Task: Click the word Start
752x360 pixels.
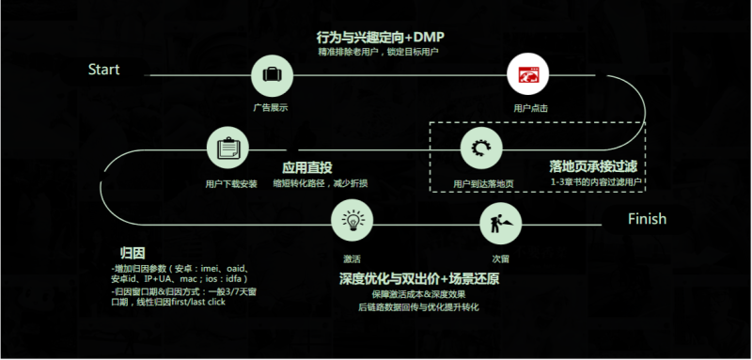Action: (103, 70)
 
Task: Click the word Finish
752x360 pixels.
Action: (647, 219)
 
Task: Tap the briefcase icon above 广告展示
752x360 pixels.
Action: (270, 74)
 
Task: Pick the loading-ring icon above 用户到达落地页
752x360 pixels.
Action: (482, 148)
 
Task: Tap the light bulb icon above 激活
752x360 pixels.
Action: (352, 222)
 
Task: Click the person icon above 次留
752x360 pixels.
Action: (498, 222)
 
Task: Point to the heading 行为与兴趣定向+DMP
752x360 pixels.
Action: (380, 37)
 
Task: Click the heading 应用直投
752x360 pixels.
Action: (308, 166)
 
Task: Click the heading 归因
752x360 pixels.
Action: (132, 254)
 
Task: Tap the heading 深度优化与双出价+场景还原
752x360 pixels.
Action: (418, 280)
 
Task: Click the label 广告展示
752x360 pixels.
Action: (270, 108)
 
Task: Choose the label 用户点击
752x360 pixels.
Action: (530, 108)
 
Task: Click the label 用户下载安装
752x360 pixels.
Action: (230, 183)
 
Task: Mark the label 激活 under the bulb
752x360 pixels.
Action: (352, 257)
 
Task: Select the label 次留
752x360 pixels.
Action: (500, 257)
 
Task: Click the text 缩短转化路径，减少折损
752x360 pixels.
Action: (321, 183)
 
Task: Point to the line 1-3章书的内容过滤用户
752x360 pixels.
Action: (598, 180)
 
